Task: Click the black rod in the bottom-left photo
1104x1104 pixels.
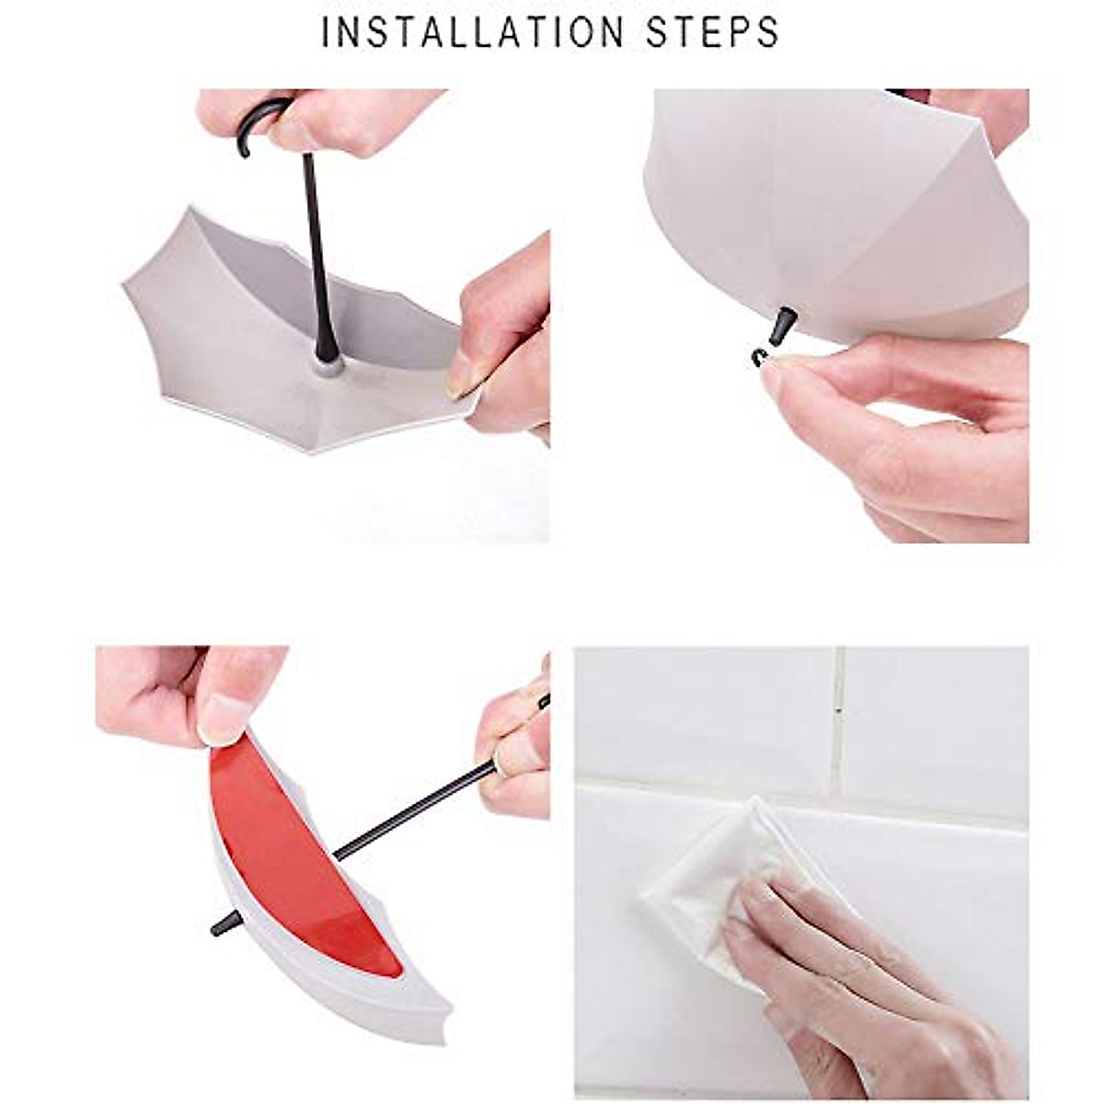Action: coord(414,810)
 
